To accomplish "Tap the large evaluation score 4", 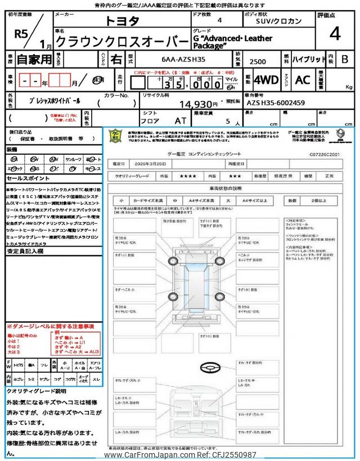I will point(335,34).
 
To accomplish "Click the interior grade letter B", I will point(345,59).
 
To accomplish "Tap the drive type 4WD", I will point(266,80).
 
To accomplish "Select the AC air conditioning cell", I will point(303,80).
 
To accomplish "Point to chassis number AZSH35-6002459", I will point(276,104).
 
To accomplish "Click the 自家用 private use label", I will point(28,58).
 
